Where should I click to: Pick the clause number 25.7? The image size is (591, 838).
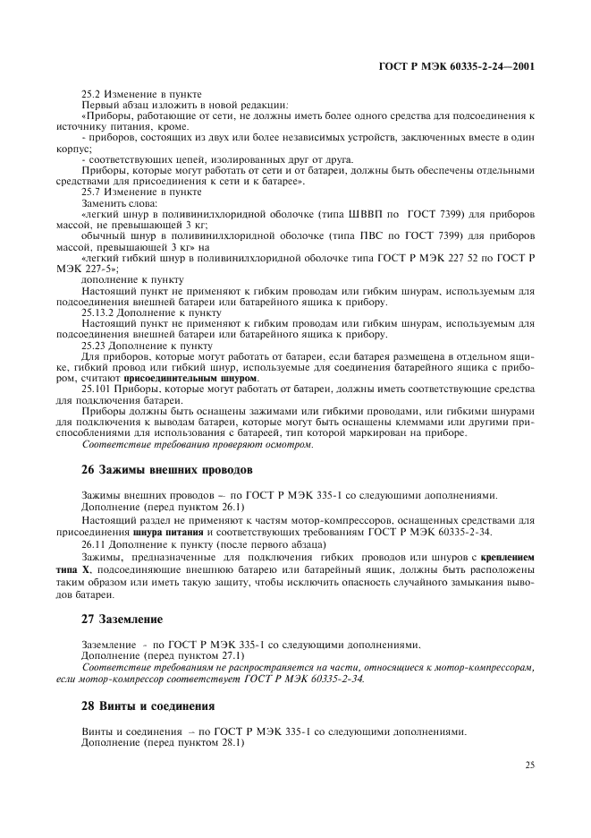pos(92,192)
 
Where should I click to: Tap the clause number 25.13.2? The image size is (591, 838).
pos(98,313)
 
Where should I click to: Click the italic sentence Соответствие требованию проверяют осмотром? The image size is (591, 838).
pos(197,444)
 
